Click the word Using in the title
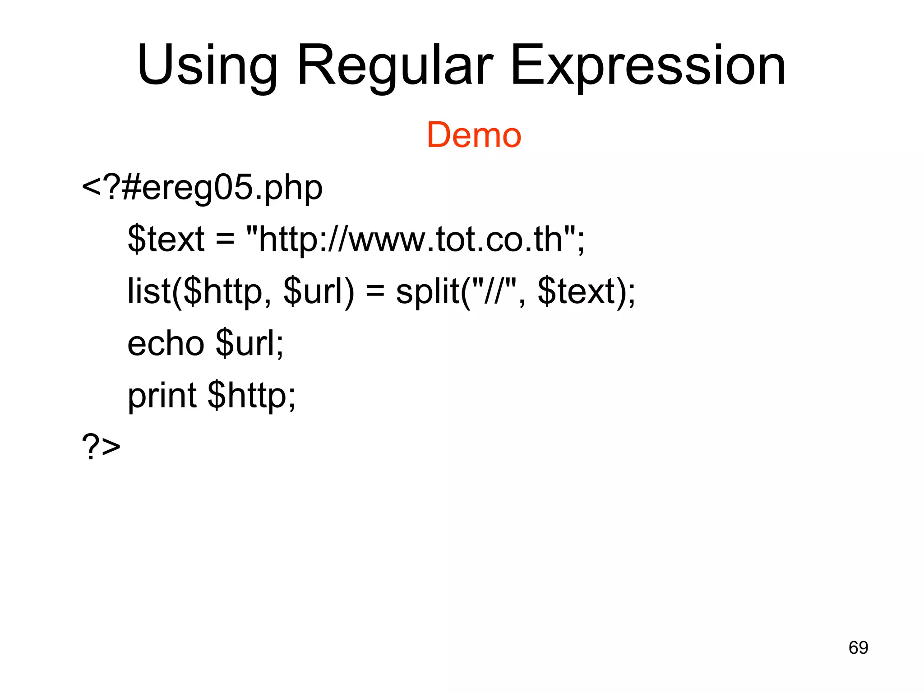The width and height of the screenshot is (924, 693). [208, 65]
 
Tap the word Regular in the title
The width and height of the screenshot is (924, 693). [395, 65]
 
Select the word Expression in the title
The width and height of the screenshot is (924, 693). [648, 65]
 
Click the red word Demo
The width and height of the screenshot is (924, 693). [474, 135]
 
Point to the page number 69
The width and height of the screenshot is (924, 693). [858, 648]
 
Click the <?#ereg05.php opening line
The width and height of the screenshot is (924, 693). [202, 188]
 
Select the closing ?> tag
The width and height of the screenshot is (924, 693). [101, 447]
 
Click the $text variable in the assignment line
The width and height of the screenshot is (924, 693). [166, 239]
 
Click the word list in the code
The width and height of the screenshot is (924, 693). [149, 291]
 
